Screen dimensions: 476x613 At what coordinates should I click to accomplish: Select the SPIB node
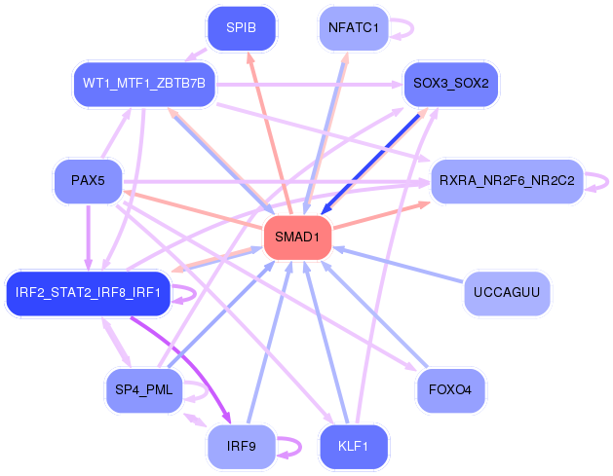[x=241, y=27]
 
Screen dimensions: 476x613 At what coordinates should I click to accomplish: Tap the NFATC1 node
[x=355, y=27]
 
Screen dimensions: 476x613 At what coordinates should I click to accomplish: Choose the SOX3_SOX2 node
[x=450, y=84]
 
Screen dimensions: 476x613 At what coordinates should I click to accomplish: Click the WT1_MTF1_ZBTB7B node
[x=144, y=84]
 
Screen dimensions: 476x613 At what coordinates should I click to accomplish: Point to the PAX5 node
[x=88, y=180]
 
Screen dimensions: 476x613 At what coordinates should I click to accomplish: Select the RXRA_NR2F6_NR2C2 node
[x=507, y=180]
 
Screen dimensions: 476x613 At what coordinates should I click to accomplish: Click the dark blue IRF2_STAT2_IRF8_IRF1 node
[x=88, y=292]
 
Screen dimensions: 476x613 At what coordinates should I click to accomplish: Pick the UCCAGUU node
[x=507, y=292]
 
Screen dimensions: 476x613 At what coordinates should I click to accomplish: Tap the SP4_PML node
[x=143, y=390]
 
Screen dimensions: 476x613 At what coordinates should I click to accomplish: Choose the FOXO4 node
[x=450, y=390]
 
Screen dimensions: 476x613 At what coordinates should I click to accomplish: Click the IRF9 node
[x=241, y=447]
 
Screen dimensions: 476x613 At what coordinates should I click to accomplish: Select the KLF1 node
[x=355, y=447]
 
